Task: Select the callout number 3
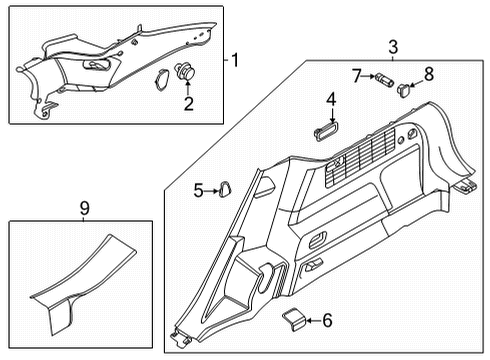pos(393,46)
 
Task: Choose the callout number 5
pos(199,189)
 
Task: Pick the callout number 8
pos(428,73)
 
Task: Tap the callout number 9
pos(83,209)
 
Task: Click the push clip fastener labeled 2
pos(183,71)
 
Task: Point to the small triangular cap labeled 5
pos(226,186)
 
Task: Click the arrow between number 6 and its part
pos(310,320)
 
